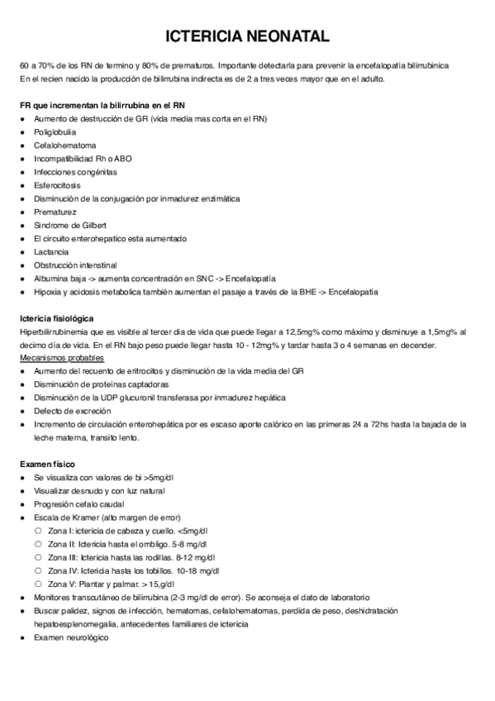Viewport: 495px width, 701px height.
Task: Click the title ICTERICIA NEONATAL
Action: pos(248,36)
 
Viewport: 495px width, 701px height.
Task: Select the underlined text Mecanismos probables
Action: pos(61,357)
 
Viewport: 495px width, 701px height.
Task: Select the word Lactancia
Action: pos(51,251)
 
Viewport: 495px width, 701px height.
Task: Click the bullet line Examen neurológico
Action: pos(70,637)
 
